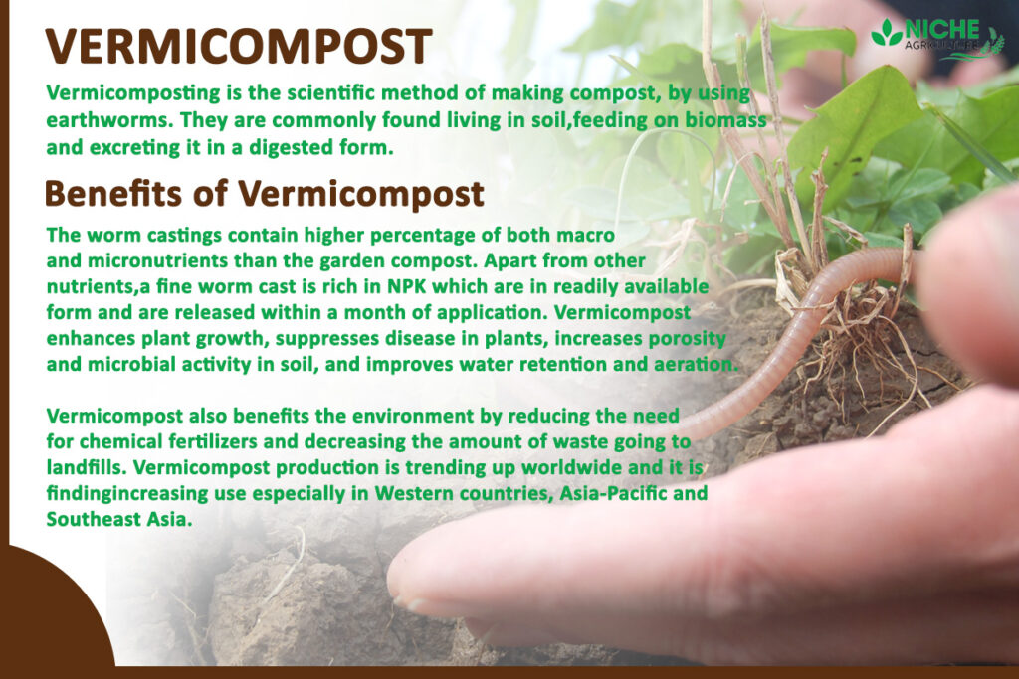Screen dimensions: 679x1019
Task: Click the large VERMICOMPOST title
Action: (x=239, y=48)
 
